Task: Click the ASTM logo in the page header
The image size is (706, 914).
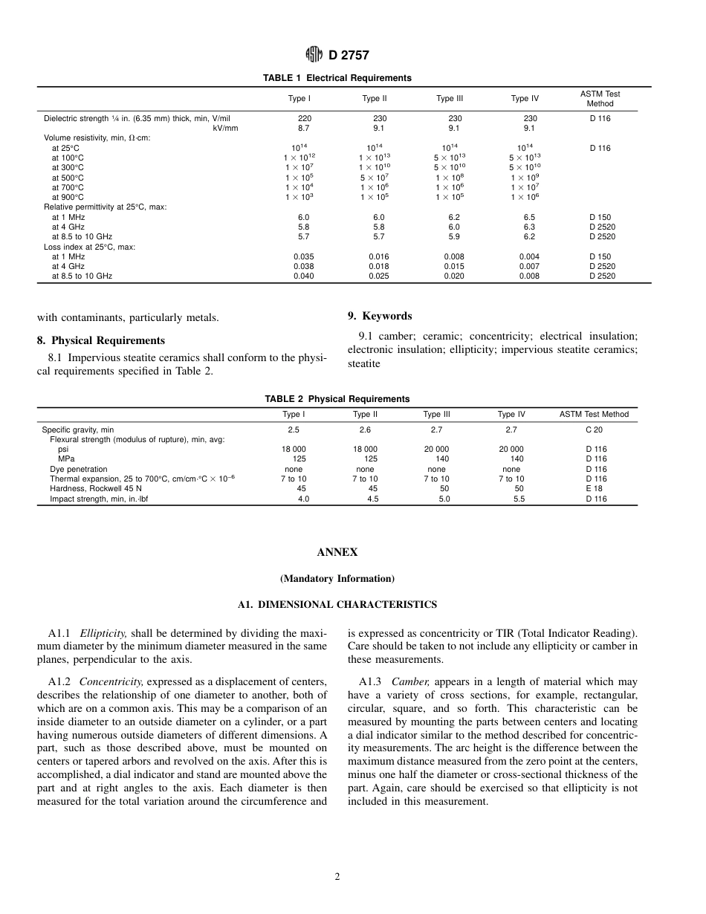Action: [314, 54]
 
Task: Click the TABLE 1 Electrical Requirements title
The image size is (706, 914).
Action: [337, 78]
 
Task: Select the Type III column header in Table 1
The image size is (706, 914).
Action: [450, 99]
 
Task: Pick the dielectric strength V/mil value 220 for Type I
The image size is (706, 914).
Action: [305, 118]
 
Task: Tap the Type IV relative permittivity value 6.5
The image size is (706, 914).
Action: [528, 218]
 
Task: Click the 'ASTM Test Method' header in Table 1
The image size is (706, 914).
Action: [600, 99]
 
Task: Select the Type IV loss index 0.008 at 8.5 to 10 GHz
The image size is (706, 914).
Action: [528, 276]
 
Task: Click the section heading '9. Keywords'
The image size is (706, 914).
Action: [379, 316]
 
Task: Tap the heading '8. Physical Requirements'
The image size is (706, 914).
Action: [101, 340]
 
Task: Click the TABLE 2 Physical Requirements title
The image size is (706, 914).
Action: [337, 399]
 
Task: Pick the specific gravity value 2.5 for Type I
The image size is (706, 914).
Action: [294, 430]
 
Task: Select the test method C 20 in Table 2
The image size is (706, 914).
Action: [594, 430]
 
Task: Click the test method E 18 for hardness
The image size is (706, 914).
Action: [594, 489]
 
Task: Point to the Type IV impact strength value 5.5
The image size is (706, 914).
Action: [519, 499]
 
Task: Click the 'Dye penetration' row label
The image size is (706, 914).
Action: [78, 469]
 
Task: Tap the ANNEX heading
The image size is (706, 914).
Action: [337, 552]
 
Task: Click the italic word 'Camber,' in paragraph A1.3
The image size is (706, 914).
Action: [410, 681]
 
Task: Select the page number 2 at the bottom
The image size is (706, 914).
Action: [337, 877]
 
